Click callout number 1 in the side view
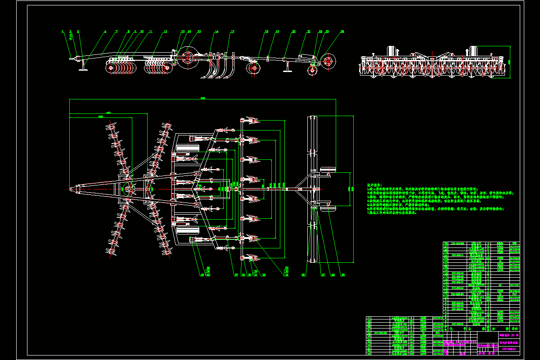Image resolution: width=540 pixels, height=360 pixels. click(x=63, y=31)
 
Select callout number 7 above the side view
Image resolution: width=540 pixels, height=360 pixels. click(x=116, y=31)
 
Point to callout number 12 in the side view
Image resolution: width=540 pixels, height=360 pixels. click(x=165, y=31)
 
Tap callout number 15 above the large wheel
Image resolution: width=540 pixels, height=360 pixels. click(x=198, y=31)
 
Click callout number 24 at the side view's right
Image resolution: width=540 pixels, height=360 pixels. click(x=342, y=31)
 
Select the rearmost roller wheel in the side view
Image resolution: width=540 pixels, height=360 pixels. click(x=327, y=61)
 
